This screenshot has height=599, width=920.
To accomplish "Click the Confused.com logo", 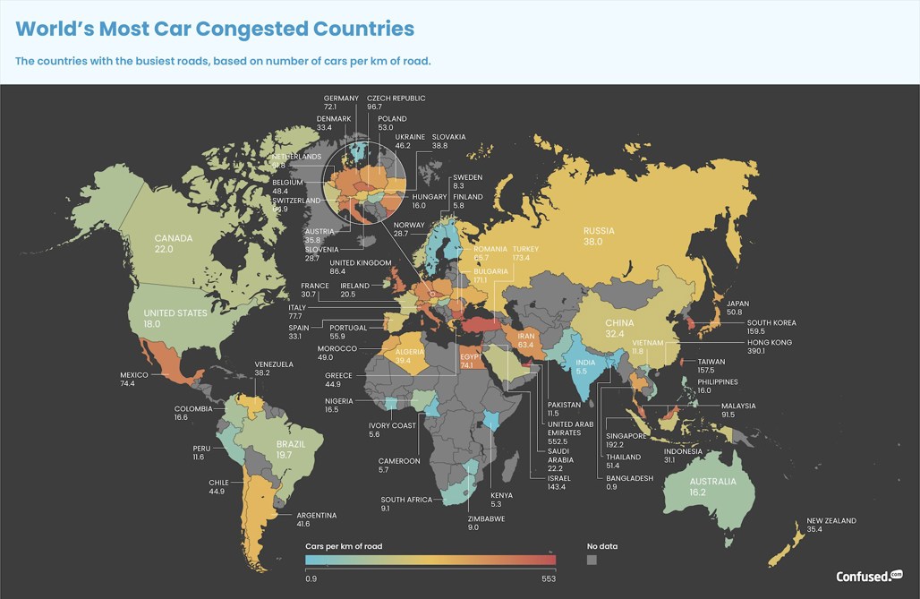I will tap(869, 577).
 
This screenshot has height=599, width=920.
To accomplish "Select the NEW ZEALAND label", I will tap(831, 520).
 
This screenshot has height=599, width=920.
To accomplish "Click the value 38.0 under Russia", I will tap(599, 242).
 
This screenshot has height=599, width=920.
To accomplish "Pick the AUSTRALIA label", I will tap(712, 482).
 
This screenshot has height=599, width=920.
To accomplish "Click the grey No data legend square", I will tap(591, 560).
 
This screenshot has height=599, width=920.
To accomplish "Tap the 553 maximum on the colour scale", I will tap(548, 578).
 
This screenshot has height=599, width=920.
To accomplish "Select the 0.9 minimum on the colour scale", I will tap(311, 578).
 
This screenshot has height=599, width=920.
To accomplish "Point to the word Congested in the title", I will tap(251, 29).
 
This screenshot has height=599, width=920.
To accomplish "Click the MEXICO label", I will tap(134, 375).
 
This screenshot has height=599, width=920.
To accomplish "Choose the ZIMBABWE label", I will tap(486, 518).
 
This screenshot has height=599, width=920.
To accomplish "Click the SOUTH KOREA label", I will tap(771, 322).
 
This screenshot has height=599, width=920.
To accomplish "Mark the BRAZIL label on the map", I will tap(291, 444).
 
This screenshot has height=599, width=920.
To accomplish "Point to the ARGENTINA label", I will tap(317, 515).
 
